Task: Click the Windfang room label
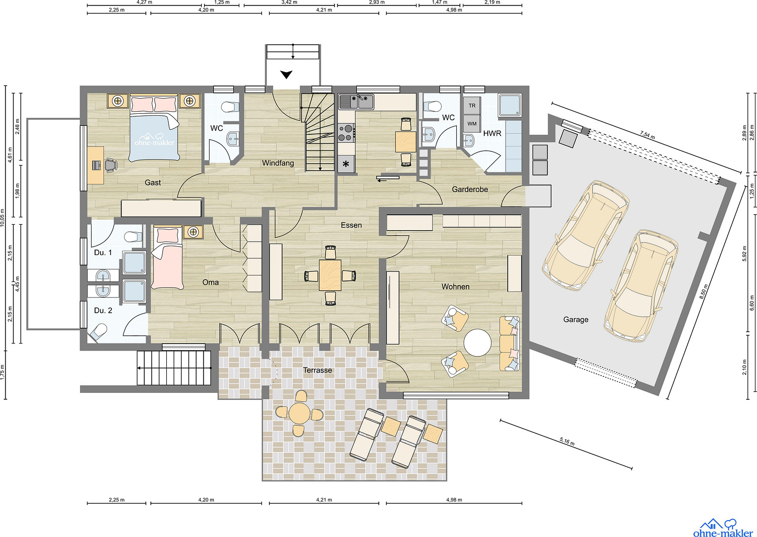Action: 278,164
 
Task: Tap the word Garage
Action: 575,319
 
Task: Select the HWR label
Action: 492,133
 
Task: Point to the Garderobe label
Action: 470,189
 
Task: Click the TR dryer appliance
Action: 472,105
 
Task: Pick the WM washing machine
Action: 472,123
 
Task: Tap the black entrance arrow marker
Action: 286,75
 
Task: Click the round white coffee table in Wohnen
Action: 477,343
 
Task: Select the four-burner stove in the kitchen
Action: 346,133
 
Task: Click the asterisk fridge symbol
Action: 346,165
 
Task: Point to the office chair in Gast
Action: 111,165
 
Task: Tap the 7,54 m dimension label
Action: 647,135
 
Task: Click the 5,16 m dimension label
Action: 567,442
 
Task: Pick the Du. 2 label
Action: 103,311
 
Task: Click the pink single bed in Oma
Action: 167,259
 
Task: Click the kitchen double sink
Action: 356,101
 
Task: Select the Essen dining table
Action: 330,275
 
